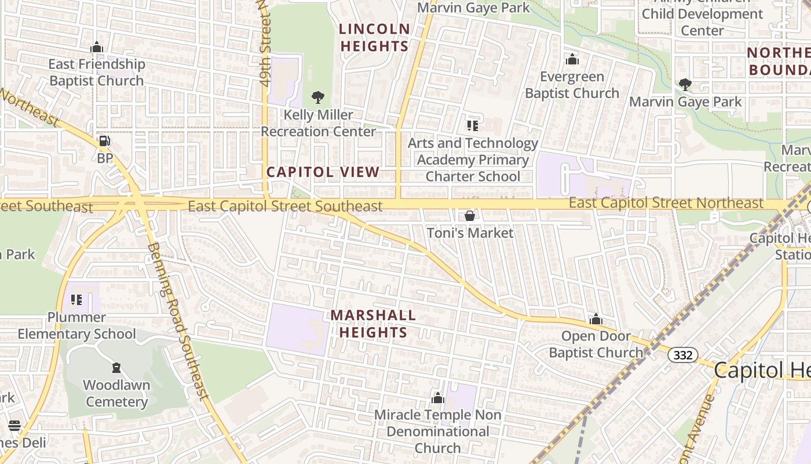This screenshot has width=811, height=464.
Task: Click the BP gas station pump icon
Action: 104,141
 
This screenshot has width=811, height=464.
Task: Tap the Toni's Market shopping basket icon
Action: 470,216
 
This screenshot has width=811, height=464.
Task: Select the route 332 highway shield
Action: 683,355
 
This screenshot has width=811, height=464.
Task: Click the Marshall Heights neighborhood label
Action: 373,324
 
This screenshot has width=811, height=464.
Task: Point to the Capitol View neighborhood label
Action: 323,172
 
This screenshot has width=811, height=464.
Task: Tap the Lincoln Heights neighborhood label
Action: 374,37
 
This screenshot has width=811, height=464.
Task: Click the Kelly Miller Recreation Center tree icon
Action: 317,97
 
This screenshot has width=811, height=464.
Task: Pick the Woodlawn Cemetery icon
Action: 116,368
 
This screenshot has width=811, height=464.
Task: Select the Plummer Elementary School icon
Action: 76,300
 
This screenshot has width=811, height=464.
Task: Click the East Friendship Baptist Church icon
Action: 97,47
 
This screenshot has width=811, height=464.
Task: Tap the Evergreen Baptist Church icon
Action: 572,59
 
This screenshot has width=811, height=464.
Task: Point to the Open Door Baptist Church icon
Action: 596,319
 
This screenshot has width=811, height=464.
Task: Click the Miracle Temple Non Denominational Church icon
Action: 438,398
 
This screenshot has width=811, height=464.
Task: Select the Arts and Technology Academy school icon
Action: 473,125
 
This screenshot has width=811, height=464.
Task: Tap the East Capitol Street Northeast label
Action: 666,203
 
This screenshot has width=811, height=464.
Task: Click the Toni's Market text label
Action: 470,233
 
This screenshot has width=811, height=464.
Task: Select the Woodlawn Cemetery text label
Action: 117,393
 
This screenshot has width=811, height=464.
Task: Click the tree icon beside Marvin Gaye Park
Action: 685,85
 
